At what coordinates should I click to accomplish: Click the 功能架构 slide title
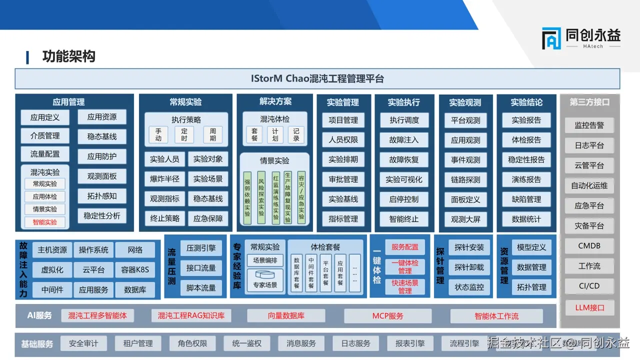[x=68, y=56]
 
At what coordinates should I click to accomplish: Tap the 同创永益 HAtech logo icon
[x=551, y=38]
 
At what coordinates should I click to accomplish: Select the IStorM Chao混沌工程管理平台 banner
[x=317, y=79]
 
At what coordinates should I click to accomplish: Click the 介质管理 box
[x=45, y=136]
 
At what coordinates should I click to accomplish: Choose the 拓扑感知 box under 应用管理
[x=102, y=196]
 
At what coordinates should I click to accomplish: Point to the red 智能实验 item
[x=45, y=222]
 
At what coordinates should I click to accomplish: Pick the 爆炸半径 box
[x=165, y=179]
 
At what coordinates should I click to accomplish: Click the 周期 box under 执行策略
[x=213, y=134]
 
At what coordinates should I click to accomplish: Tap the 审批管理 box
[x=343, y=179]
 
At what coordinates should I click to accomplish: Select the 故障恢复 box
[x=404, y=160]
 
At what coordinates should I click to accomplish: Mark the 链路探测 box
[x=465, y=180]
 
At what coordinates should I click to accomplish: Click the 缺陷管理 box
[x=526, y=199]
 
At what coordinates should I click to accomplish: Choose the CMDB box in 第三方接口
[x=589, y=246]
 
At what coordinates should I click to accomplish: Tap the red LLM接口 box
[x=589, y=308]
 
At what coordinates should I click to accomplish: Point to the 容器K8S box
[x=135, y=270]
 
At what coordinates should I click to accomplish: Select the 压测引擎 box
[x=201, y=248]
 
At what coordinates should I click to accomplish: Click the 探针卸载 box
[x=469, y=267]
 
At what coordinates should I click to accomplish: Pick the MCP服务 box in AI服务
[x=387, y=316]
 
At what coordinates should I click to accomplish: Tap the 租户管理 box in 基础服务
[x=138, y=343]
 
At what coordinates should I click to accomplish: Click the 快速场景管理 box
[x=405, y=287]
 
